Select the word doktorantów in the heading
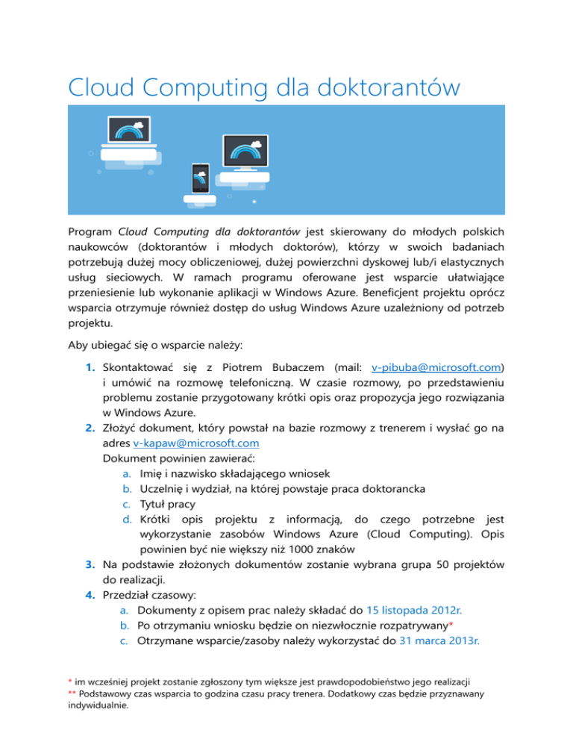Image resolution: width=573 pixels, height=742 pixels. coord(388,88)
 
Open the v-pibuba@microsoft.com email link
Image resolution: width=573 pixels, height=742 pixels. coord(436,368)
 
